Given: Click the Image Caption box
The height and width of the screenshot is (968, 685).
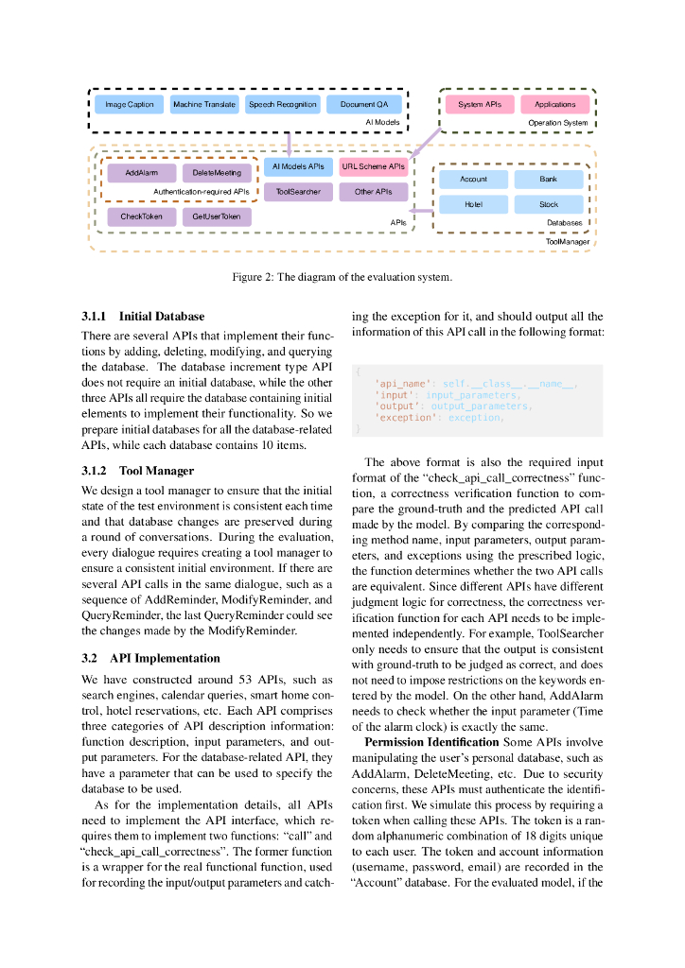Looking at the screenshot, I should [x=129, y=104].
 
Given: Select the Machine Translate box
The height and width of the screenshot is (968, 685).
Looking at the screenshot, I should [x=204, y=104].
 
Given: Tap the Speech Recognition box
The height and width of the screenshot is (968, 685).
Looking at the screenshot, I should [x=283, y=104].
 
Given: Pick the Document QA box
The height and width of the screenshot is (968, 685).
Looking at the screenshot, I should [x=364, y=104].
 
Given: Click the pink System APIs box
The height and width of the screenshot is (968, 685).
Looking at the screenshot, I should [x=480, y=104].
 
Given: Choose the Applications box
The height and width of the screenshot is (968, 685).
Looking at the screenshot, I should [x=554, y=104].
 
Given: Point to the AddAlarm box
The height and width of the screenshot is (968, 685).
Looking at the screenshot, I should [x=141, y=173].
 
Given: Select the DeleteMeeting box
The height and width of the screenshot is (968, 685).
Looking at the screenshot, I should [x=218, y=173].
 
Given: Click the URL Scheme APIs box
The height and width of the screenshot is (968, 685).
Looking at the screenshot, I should [x=374, y=166].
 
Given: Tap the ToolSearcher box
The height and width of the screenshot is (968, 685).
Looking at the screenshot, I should [x=298, y=192].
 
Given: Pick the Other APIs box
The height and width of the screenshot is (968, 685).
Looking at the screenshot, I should [x=374, y=192].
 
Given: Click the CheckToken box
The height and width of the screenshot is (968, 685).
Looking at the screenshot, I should [x=141, y=216].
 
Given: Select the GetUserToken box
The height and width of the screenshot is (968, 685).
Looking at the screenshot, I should [x=217, y=216].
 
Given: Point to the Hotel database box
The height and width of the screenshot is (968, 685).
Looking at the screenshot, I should [x=473, y=204].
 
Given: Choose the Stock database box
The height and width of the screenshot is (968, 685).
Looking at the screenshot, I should [x=549, y=204].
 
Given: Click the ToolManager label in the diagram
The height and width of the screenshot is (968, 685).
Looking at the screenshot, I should [x=568, y=242].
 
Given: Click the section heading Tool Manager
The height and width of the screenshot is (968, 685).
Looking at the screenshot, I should [x=156, y=471].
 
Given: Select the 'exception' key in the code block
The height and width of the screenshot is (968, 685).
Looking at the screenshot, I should [x=399, y=417].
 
